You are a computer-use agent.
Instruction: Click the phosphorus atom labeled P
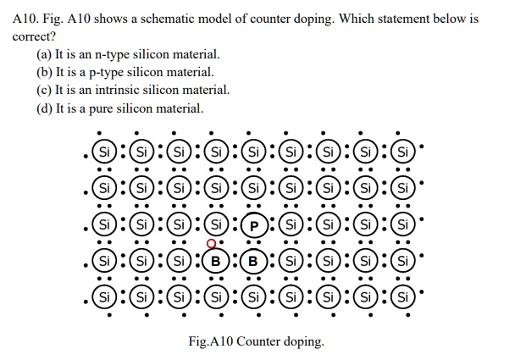253,226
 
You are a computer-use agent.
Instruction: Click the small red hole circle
210,244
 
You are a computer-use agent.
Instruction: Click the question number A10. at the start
28,18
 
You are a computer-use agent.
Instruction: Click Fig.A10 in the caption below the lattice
210,341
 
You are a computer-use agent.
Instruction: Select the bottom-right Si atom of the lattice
402,297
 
